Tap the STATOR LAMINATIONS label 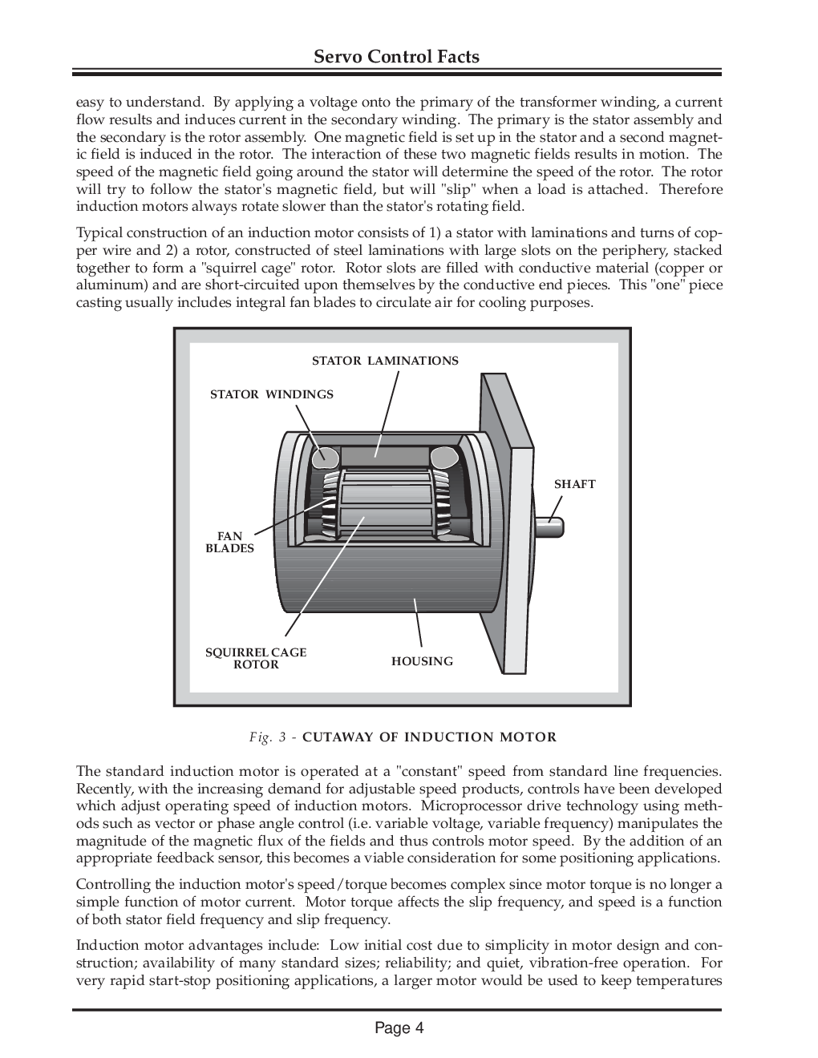pyautogui.click(x=385, y=361)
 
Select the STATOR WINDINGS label pyautogui.click(x=271, y=394)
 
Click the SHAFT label pyautogui.click(x=574, y=484)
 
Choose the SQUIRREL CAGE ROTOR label pyautogui.click(x=256, y=658)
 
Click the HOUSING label pyautogui.click(x=422, y=661)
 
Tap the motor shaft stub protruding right pyautogui.click(x=552, y=527)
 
